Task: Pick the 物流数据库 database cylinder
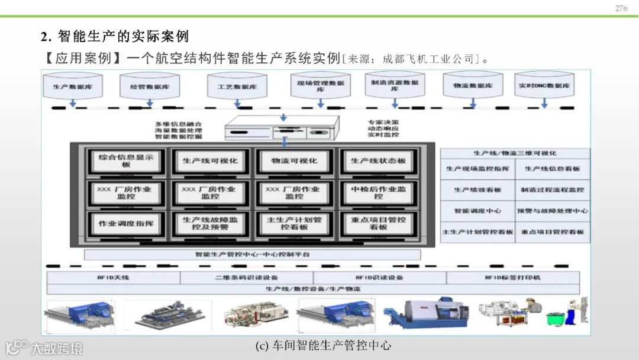click(473, 86)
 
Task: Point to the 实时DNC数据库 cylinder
click(544, 86)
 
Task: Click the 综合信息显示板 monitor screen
click(126, 161)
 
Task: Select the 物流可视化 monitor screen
click(294, 161)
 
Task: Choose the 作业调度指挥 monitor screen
click(126, 223)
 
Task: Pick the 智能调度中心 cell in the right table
click(477, 211)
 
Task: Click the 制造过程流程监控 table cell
click(553, 189)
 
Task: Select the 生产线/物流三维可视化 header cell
click(515, 153)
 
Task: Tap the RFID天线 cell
click(113, 278)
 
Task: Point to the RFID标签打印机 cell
click(512, 278)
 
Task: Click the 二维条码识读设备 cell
click(246, 278)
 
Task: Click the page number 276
click(621, 8)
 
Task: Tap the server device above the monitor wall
click(284, 128)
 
